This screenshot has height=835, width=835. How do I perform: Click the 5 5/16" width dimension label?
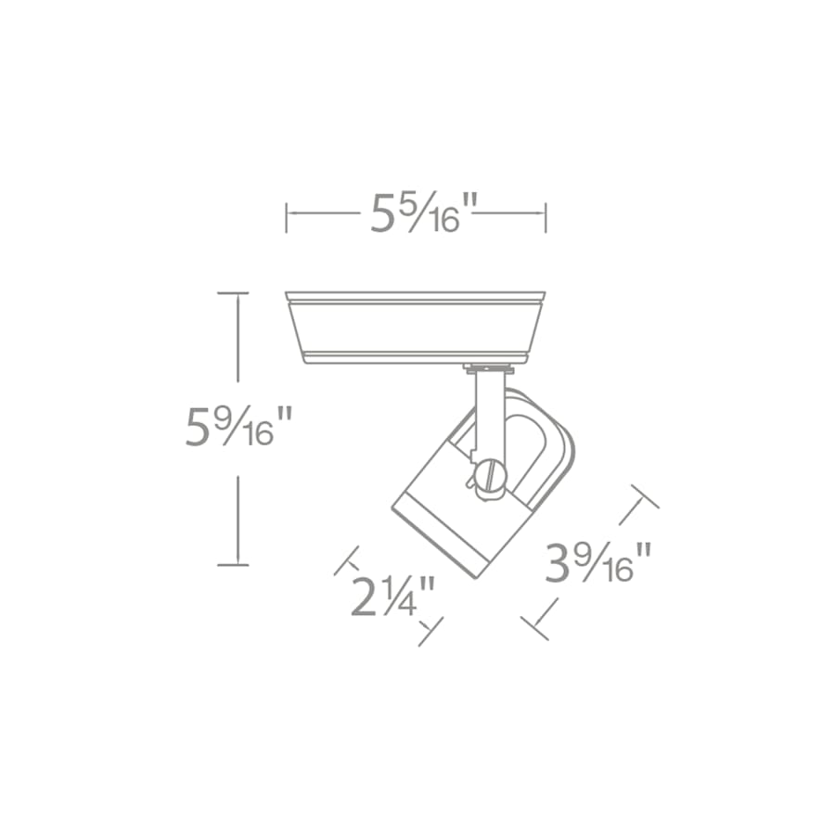click(417, 213)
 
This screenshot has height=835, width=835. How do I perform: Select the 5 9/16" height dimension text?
click(238, 427)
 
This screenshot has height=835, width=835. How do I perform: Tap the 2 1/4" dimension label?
click(393, 596)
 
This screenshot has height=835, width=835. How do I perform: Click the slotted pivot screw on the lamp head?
click(490, 479)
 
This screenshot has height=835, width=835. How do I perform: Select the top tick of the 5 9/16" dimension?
click(233, 293)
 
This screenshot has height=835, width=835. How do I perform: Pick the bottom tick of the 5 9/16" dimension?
click(233, 563)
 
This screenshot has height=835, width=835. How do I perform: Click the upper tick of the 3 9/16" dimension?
click(644, 496)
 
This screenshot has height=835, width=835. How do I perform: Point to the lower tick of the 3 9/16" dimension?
click(535, 628)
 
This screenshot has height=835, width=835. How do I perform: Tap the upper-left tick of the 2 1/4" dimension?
click(346, 559)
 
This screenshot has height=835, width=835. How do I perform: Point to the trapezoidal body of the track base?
click(415, 327)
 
